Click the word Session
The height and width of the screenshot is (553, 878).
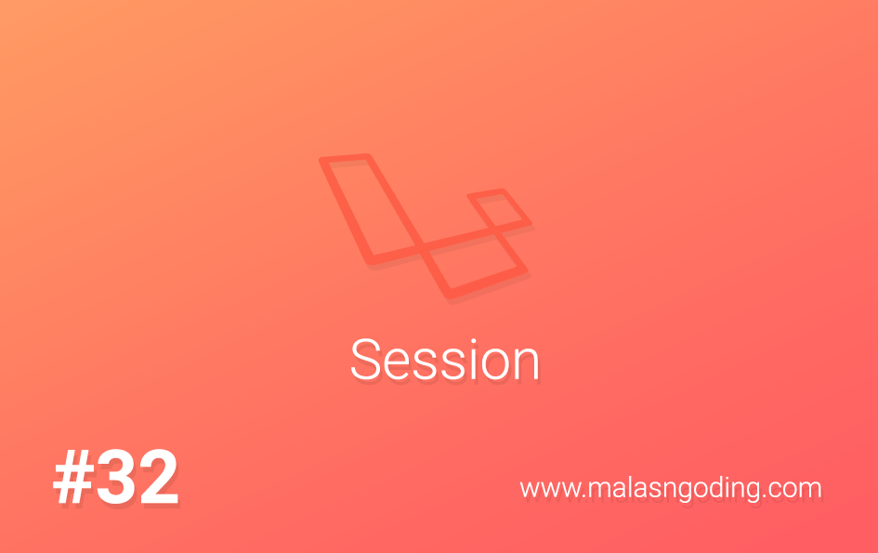click(x=445, y=361)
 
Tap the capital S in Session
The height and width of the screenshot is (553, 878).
click(x=365, y=361)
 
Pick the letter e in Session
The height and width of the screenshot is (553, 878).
click(x=397, y=364)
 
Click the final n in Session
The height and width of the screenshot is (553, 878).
click(x=527, y=364)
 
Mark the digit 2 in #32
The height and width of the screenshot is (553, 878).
click(x=155, y=480)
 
